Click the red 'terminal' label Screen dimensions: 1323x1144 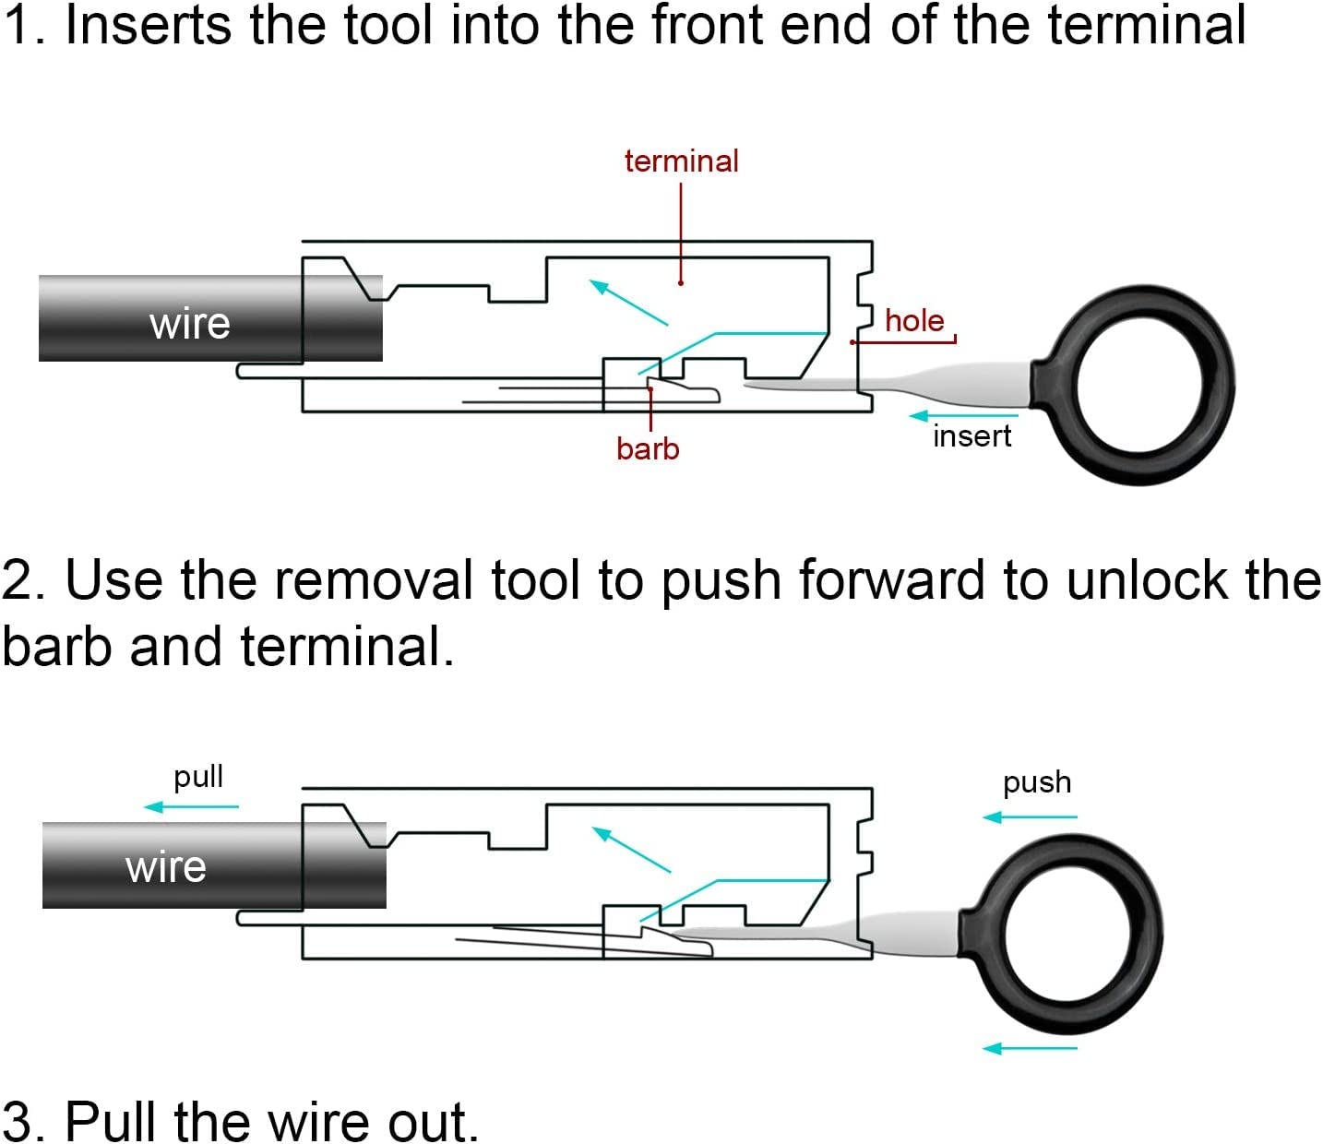tap(681, 161)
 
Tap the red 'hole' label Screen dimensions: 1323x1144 tap(914, 320)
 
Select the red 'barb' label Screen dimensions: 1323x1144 tap(648, 448)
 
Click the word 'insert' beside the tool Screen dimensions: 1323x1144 tap(971, 436)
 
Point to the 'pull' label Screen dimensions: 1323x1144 tap(198, 777)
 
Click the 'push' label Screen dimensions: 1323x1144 tap(1037, 783)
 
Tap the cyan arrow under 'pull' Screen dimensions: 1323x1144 tap(191, 806)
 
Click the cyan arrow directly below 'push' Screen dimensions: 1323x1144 tap(1030, 816)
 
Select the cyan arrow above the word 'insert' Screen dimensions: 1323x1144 tap(963, 416)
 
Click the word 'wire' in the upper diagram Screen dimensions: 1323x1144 tap(189, 323)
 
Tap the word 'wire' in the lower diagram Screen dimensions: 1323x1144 tap(166, 867)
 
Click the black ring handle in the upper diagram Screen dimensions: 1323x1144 tap(1133, 386)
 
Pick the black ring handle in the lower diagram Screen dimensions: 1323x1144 tap(1061, 935)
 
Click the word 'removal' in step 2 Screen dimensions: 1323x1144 tap(373, 579)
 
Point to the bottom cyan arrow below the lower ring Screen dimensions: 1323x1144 tap(1030, 1049)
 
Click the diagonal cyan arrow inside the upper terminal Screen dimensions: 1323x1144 tap(628, 303)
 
